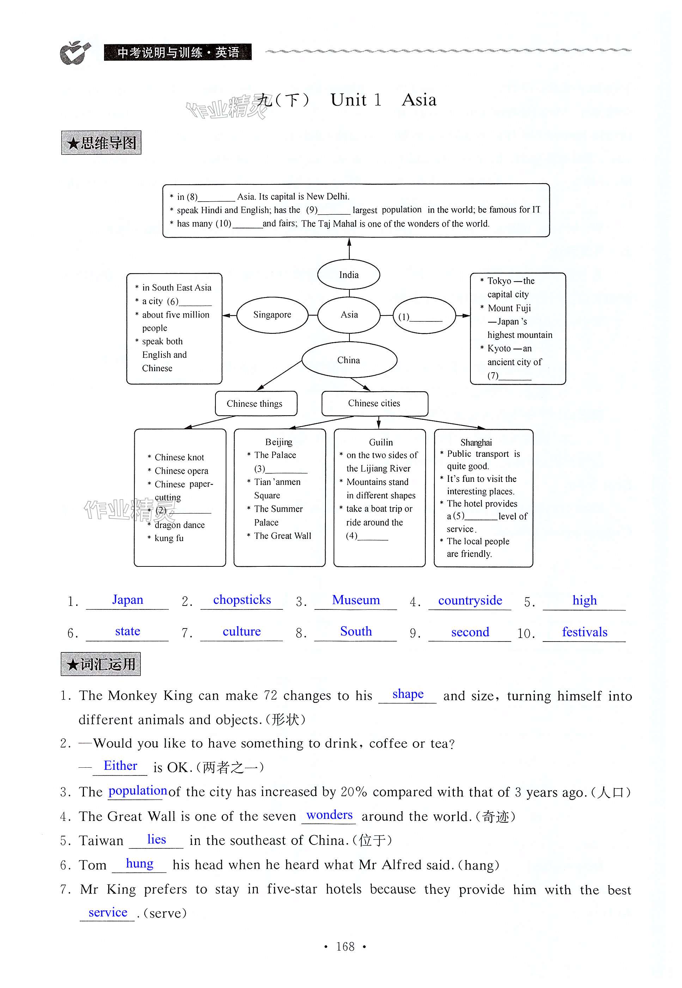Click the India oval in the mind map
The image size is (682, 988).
click(349, 275)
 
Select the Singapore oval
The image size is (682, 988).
click(272, 315)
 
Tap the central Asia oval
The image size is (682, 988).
click(349, 315)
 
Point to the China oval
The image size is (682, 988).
click(349, 360)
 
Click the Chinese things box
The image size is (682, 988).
click(256, 404)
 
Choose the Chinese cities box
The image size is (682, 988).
click(375, 403)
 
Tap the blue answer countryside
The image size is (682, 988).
click(470, 600)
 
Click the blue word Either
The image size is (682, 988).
click(121, 766)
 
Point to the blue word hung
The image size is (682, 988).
click(139, 863)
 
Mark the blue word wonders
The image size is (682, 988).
click(329, 815)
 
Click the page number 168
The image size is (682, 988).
click(345, 947)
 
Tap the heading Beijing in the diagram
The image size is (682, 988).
click(279, 442)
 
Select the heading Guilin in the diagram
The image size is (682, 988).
click(381, 442)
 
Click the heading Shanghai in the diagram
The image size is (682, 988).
click(476, 442)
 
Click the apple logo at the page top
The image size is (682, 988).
click(75, 53)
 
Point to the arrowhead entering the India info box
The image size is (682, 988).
click(349, 242)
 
